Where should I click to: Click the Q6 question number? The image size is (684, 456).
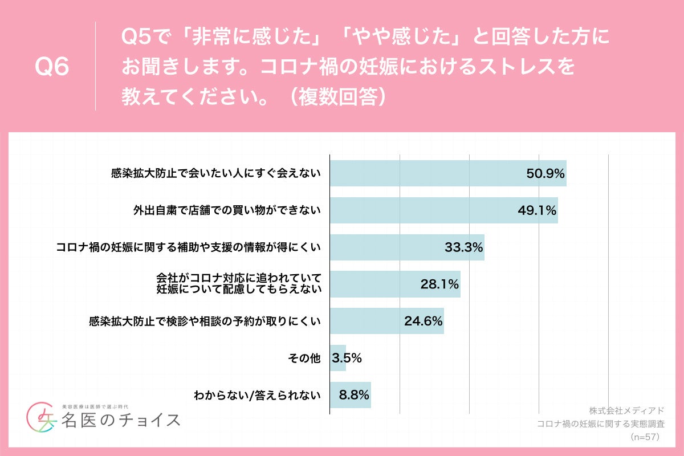[x=52, y=67]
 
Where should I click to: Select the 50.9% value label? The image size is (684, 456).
[x=545, y=173]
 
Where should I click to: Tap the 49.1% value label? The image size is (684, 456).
[x=537, y=210]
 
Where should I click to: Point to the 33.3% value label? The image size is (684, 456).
[x=464, y=247]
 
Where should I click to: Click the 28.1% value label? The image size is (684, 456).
[x=439, y=284]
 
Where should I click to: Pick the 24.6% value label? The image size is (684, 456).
[x=424, y=321]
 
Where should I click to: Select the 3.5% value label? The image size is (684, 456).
[x=347, y=358]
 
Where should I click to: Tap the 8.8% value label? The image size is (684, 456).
[x=355, y=394]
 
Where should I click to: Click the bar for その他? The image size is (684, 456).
[x=338, y=358]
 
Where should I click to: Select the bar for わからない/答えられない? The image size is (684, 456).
[x=351, y=394]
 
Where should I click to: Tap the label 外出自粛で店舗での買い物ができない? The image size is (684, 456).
[x=227, y=210]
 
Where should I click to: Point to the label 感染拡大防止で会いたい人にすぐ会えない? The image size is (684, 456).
[x=216, y=173]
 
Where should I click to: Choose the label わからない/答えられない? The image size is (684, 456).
[x=258, y=394]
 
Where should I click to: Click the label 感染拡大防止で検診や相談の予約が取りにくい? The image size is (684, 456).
[x=205, y=321]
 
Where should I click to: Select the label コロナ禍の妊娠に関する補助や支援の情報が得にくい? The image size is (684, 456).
[x=189, y=247]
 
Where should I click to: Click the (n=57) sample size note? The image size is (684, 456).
[x=644, y=437]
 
